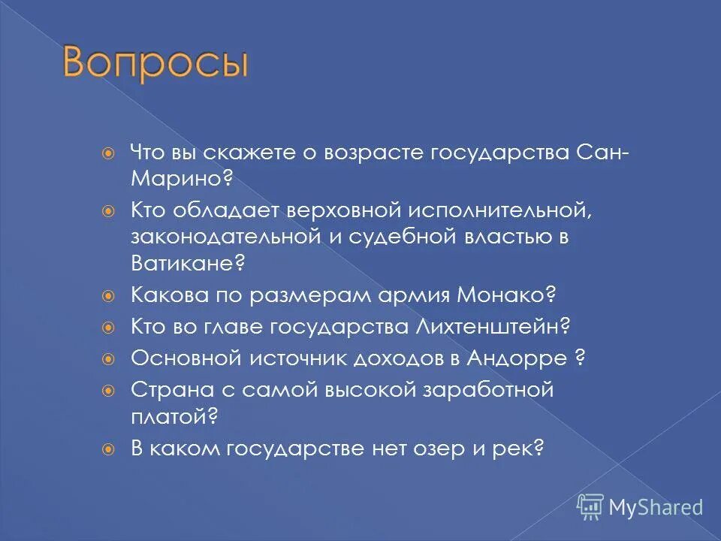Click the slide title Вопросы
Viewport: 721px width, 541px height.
click(x=155, y=65)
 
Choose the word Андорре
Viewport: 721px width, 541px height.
click(x=517, y=358)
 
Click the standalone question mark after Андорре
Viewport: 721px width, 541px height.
click(x=580, y=358)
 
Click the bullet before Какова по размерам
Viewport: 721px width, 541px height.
click(x=109, y=295)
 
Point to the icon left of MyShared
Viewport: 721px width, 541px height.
click(x=590, y=507)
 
